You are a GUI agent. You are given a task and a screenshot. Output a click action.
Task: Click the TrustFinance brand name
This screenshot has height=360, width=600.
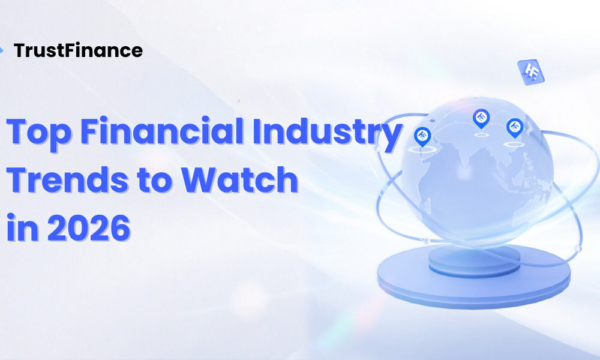[78, 50]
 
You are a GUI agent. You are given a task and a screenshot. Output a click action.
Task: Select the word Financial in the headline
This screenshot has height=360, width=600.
[162, 130]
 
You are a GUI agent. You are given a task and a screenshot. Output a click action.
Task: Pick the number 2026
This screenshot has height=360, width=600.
[89, 227]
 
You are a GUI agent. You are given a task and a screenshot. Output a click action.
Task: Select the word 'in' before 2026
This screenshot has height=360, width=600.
[23, 227]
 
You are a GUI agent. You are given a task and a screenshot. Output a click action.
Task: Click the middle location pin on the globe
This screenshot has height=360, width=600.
[481, 118]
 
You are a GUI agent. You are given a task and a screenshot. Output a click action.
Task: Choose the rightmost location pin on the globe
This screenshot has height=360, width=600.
[515, 127]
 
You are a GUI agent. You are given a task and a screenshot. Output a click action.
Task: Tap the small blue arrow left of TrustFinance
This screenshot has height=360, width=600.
[2, 50]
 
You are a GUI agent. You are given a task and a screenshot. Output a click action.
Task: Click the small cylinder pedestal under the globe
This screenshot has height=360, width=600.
[475, 260]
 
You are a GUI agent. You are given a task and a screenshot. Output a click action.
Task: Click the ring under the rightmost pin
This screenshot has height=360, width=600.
[514, 144]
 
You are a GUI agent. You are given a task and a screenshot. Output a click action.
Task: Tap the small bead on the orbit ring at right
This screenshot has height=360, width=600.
[579, 249]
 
